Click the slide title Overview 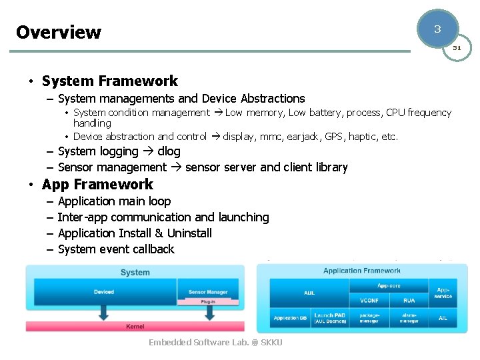[x=59, y=32]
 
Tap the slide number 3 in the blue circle [x=437, y=29]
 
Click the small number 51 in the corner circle [x=457, y=48]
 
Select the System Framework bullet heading [x=109, y=81]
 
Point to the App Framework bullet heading [x=97, y=185]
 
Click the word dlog [x=169, y=151]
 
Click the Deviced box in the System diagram [x=103, y=292]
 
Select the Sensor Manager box [x=208, y=292]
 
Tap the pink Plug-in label [x=209, y=301]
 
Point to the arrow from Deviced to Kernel [x=103, y=312]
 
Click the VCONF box [x=369, y=301]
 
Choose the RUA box [x=409, y=301]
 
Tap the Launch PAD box [x=329, y=318]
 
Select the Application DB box [x=290, y=318]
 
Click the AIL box [x=443, y=318]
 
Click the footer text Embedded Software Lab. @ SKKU [x=215, y=343]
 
